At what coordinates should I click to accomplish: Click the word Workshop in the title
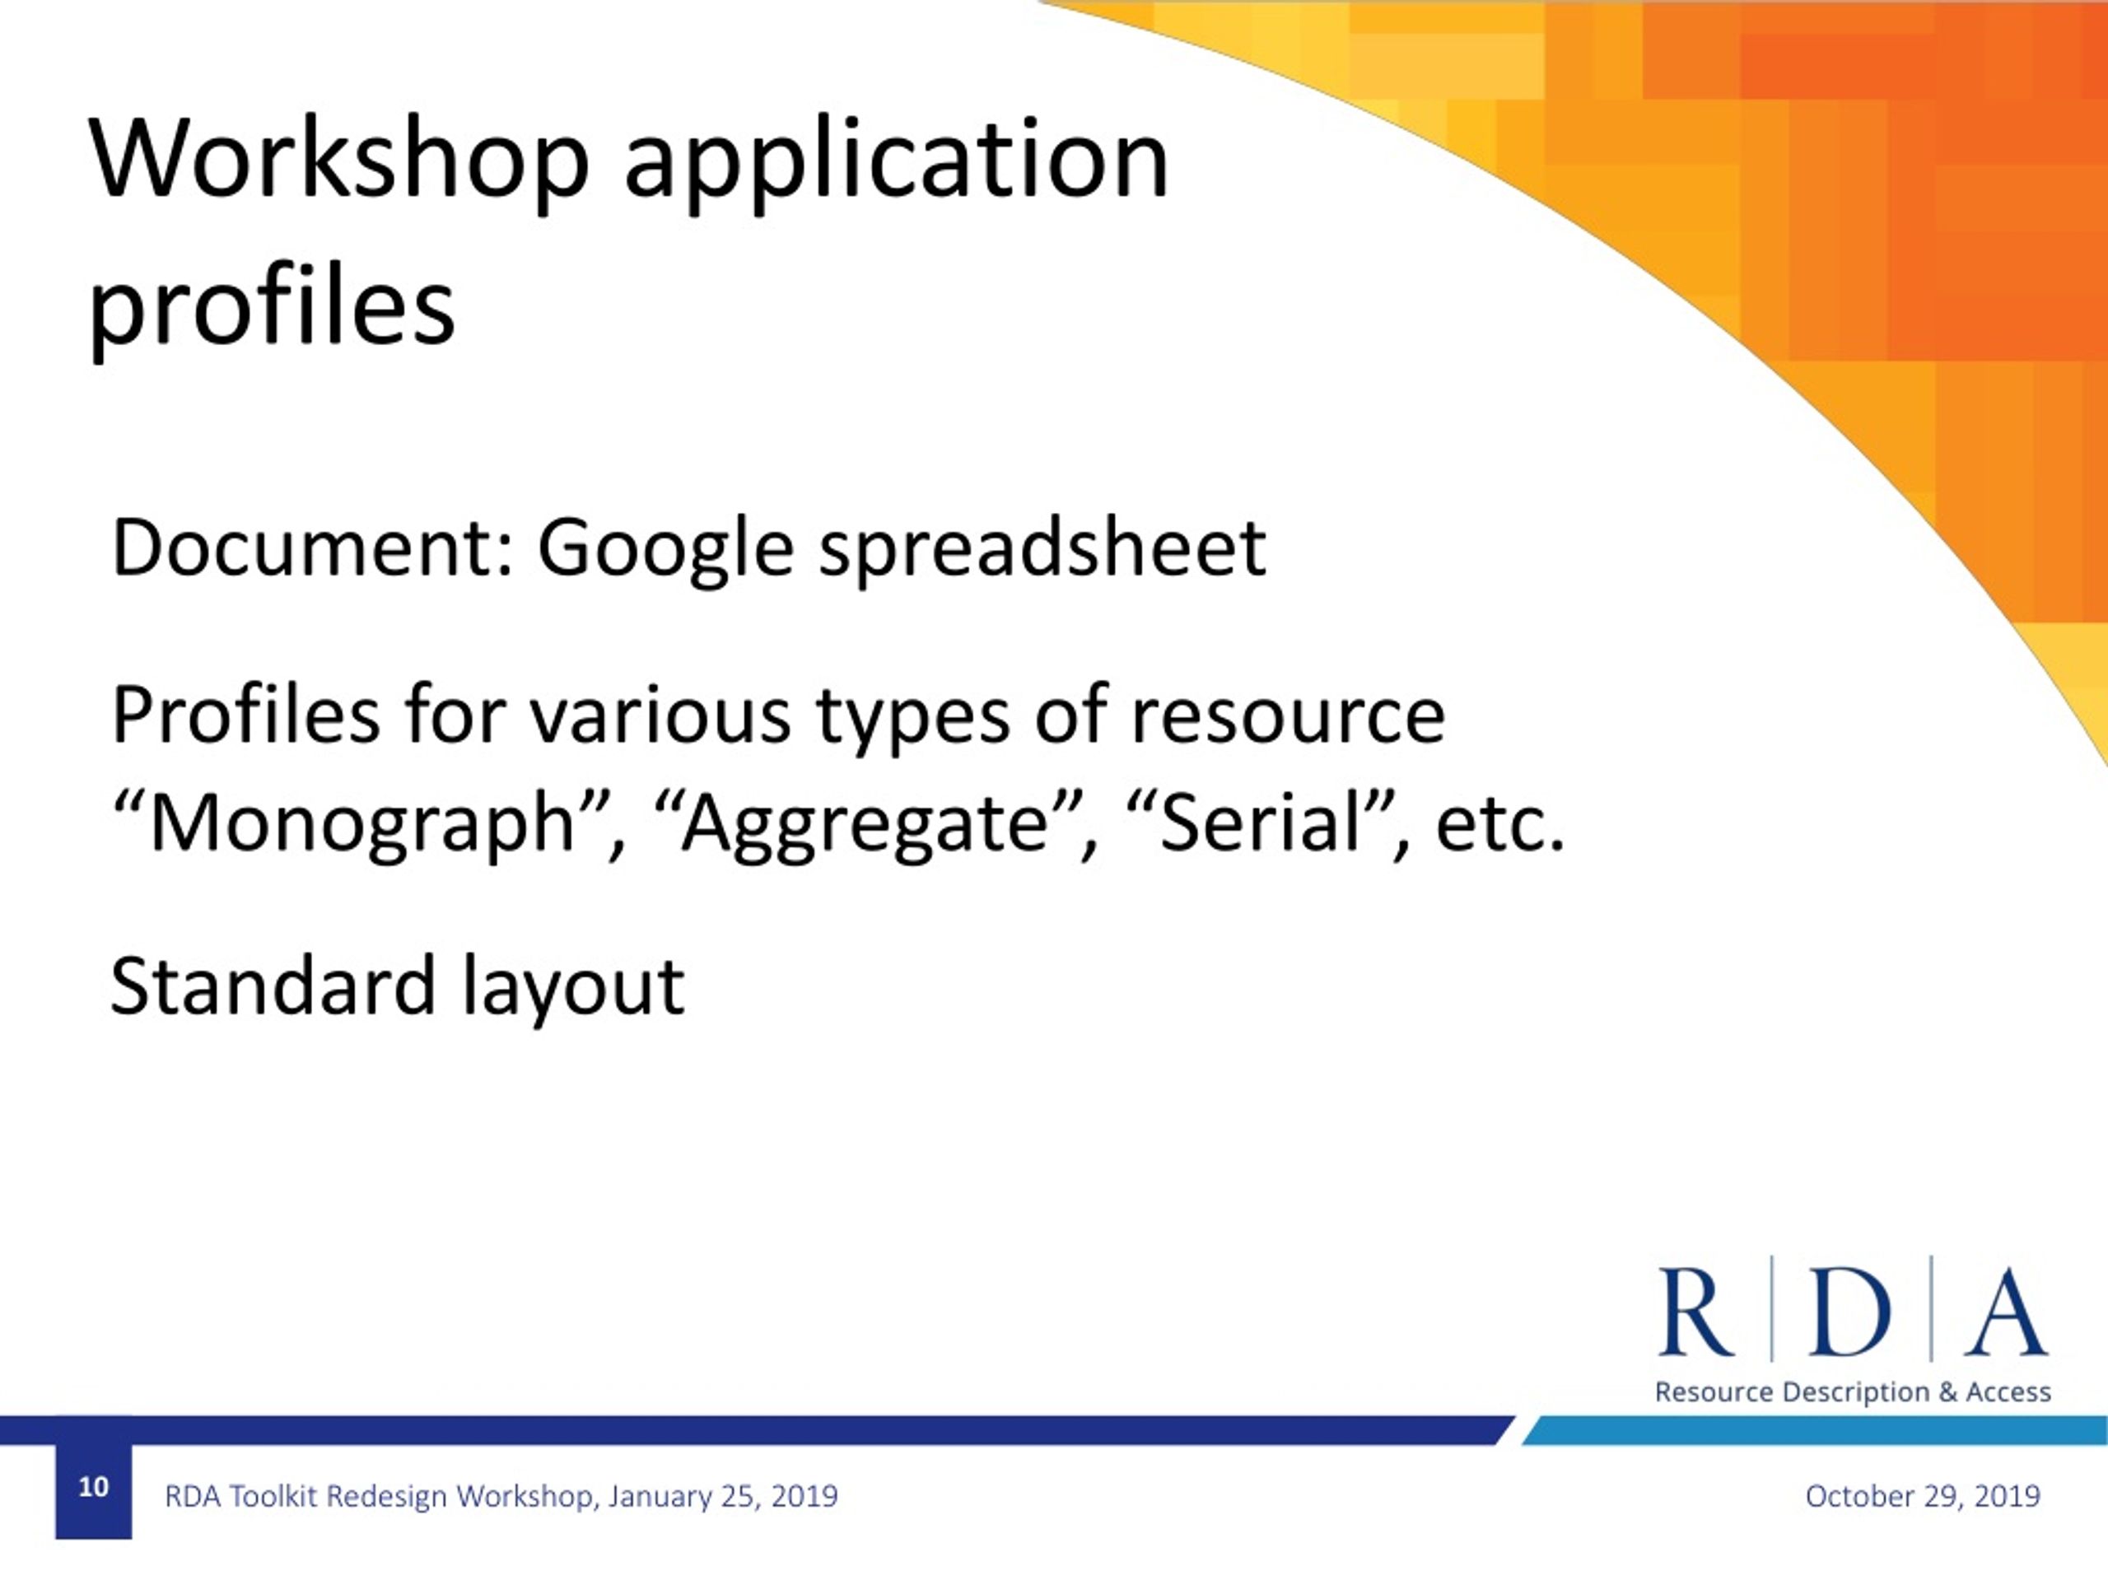338,159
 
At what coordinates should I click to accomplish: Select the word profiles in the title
272,310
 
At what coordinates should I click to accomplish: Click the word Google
665,551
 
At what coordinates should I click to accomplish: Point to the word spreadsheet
1042,549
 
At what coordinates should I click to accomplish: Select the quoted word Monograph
362,824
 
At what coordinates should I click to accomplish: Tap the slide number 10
93,1487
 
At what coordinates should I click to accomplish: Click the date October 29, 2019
1922,1496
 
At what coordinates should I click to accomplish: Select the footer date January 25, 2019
722,1496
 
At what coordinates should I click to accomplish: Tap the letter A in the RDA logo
2004,1312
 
